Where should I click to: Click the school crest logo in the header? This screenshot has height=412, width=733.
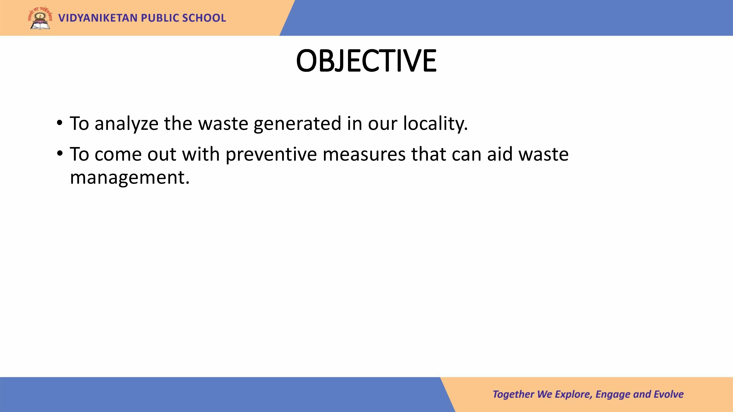pos(40,18)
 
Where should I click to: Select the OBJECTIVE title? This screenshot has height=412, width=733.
pos(366,61)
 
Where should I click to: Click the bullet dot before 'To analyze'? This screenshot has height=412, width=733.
pos(59,123)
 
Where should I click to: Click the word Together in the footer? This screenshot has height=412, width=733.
pos(513,394)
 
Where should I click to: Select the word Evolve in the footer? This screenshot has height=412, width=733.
pos(668,394)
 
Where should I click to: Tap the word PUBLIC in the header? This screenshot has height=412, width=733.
pos(160,18)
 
